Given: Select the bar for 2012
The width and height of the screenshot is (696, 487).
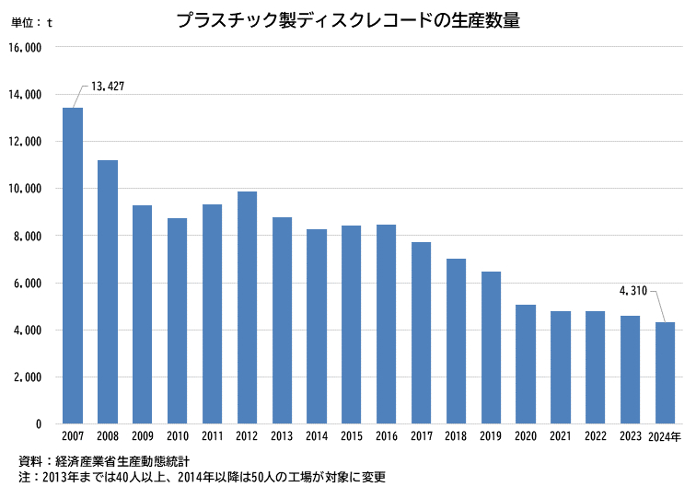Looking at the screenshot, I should [x=247, y=307].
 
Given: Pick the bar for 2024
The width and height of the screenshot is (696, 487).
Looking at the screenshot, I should [x=665, y=373].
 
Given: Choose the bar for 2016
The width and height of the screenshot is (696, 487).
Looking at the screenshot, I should [x=386, y=324].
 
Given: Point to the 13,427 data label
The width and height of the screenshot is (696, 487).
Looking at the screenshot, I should [x=108, y=87].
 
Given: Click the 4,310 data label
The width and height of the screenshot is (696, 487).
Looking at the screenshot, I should [x=632, y=292].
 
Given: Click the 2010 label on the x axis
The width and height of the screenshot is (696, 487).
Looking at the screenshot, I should [x=178, y=436].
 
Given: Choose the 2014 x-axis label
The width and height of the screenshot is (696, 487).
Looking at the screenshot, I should [x=317, y=436].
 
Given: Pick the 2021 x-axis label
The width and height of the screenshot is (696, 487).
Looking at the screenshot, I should [x=561, y=436].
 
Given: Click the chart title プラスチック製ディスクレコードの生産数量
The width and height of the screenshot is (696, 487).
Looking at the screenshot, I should [x=348, y=20].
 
